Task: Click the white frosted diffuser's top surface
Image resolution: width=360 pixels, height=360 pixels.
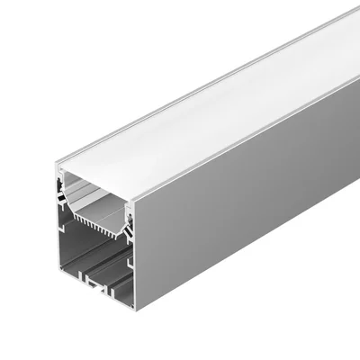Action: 225,99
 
